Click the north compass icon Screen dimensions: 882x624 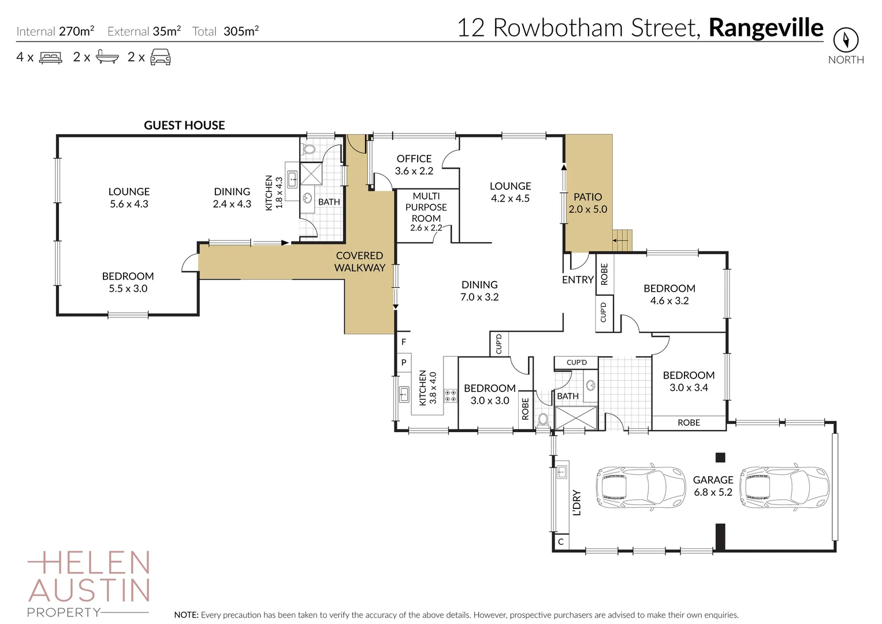(846, 40)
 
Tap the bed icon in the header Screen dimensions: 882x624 (50, 57)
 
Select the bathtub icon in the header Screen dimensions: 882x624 (107, 57)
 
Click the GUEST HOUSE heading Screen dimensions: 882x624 (184, 125)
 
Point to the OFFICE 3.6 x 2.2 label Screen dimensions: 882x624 (414, 165)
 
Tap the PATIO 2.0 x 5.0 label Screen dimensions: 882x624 (588, 203)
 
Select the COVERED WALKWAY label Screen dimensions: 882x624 (360, 261)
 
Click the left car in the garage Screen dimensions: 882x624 (632, 486)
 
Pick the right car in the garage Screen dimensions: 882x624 (784, 486)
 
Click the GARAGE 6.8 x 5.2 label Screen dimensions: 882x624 (713, 486)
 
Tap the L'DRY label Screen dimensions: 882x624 (576, 503)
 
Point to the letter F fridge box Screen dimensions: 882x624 (404, 342)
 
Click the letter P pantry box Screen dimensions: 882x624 (404, 363)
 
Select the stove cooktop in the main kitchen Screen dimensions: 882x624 (450, 396)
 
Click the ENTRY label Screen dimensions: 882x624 (578, 280)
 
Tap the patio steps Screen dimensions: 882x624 (622, 240)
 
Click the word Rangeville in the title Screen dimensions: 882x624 (766, 27)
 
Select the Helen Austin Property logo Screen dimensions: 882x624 (89, 584)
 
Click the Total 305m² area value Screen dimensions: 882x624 (241, 31)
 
